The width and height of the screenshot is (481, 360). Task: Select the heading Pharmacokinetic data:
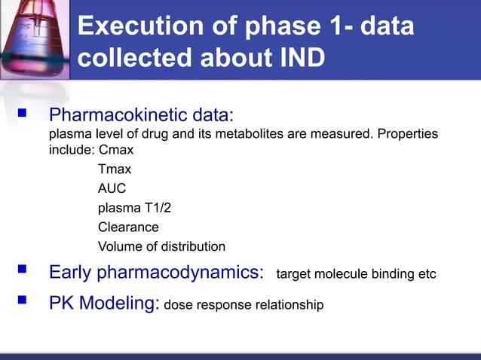[x=142, y=117]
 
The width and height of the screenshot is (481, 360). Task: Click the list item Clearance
[x=128, y=227]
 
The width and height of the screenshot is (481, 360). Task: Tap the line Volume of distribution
[x=161, y=246]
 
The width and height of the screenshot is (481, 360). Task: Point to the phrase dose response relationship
[x=244, y=305]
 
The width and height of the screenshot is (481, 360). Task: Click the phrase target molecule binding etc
[x=357, y=273]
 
